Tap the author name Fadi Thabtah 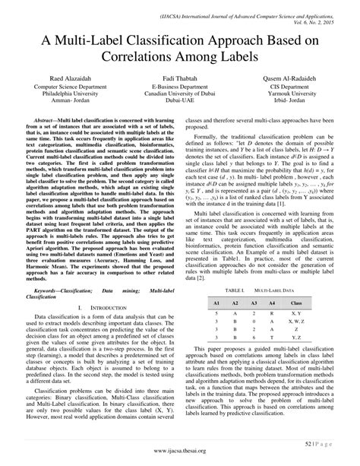coord(180,79)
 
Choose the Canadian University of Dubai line coord(180,97)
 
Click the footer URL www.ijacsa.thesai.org coord(180,448)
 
